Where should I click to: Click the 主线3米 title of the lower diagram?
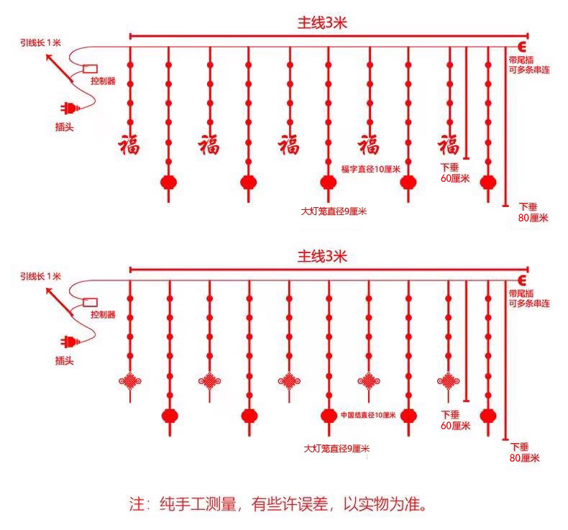(x=323, y=255)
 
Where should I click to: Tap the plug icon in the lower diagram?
(x=68, y=341)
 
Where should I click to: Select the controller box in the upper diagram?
(x=91, y=69)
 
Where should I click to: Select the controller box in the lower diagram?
(x=91, y=302)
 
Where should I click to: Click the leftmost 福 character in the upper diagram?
(x=130, y=144)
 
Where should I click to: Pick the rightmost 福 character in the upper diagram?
(x=449, y=144)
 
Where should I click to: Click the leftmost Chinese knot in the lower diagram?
(x=130, y=381)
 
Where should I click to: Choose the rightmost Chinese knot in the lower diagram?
(x=448, y=380)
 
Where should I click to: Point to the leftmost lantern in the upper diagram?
(x=168, y=182)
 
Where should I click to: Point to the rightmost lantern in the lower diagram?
(x=488, y=415)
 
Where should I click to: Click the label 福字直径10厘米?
(x=370, y=169)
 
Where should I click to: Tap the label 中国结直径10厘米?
(x=367, y=415)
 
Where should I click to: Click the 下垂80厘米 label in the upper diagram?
(x=533, y=212)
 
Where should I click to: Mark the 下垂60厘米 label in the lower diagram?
(x=455, y=420)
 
